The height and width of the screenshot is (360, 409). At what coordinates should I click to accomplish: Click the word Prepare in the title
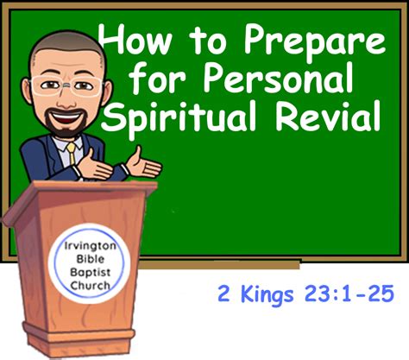click(314, 41)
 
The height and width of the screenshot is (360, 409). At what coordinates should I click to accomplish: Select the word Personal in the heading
click(278, 78)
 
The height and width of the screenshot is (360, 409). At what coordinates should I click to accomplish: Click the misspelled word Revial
click(329, 115)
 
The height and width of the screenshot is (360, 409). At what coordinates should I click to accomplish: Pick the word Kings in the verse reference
click(267, 294)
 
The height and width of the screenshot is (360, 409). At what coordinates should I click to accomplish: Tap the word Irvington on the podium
click(90, 246)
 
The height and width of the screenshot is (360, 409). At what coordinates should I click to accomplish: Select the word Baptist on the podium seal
click(90, 272)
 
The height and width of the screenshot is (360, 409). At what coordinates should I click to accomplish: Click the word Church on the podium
click(90, 286)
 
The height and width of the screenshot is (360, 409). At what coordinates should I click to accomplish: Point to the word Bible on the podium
click(90, 259)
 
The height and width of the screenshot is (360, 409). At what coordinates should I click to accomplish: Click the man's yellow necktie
click(71, 153)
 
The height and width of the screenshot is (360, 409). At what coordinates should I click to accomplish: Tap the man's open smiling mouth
click(67, 117)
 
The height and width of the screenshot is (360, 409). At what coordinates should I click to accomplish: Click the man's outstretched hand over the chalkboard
click(143, 164)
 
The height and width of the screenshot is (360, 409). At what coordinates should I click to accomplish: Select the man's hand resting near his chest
click(94, 166)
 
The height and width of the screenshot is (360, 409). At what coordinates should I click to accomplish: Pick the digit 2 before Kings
click(223, 294)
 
